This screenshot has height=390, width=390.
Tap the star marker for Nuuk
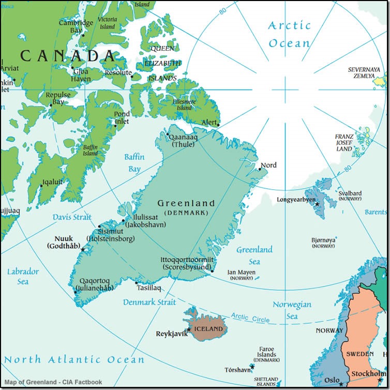(x=82, y=250)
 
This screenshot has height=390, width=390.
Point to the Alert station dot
(x=218, y=125)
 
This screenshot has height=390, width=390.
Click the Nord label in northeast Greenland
(x=268, y=165)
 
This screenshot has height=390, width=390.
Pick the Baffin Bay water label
(x=134, y=162)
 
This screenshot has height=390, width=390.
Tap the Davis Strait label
(x=71, y=217)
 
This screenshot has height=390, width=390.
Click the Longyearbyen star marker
(x=317, y=204)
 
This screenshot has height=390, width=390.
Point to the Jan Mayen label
(x=241, y=273)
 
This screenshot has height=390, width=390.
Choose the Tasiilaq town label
(x=149, y=288)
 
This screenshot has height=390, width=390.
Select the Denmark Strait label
(x=146, y=302)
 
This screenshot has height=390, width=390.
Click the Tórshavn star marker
(x=251, y=367)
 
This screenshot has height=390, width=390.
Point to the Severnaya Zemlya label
(x=364, y=72)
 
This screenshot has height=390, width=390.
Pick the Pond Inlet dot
(x=115, y=125)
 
